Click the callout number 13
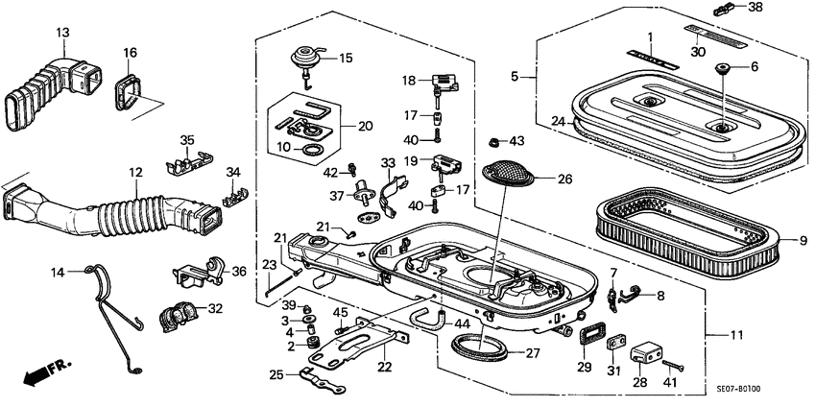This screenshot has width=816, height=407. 62,33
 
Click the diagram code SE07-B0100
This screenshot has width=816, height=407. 737,390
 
